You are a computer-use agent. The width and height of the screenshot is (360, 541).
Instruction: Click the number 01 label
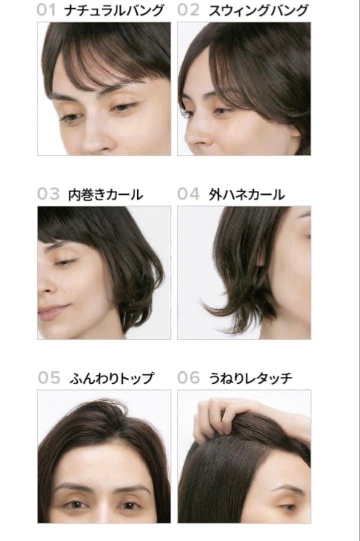46,10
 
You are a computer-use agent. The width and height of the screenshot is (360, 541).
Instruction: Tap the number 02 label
188,10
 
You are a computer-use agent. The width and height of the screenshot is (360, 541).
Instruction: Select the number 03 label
48,194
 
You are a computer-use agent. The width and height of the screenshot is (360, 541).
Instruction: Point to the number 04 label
188,194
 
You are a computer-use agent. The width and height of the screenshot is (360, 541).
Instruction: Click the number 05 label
49,378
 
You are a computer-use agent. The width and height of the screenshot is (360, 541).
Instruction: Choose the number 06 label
188,378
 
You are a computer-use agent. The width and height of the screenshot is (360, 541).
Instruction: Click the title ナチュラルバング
114,10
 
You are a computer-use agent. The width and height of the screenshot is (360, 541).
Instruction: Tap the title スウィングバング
258,10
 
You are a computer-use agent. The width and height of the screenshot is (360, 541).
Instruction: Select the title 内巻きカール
105,194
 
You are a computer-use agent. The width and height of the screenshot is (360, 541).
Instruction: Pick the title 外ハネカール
247,194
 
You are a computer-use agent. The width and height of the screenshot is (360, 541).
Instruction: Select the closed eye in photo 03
65,261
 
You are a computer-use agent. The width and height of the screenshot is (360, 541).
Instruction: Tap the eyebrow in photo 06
288,487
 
